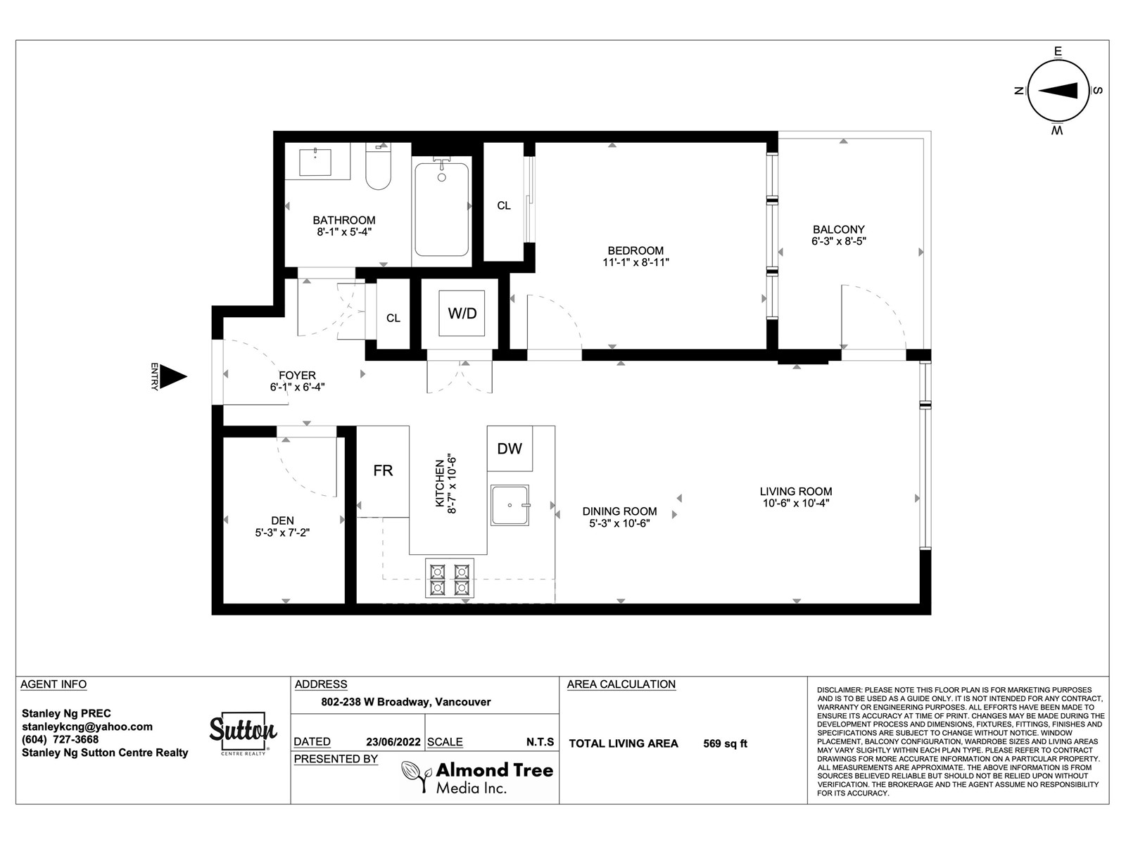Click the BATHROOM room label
pyautogui.click(x=344, y=220)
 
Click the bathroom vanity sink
pyautogui.click(x=315, y=162)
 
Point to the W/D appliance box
pyautogui.click(x=462, y=313)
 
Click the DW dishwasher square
pyautogui.click(x=510, y=449)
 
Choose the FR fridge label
pyautogui.click(x=384, y=471)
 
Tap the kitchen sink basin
pyautogui.click(x=510, y=505)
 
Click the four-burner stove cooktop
pyautogui.click(x=450, y=579)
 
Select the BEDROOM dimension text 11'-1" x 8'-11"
pyautogui.click(x=635, y=262)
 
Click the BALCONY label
pyautogui.click(x=839, y=229)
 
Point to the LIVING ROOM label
pyautogui.click(x=796, y=492)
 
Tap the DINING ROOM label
pyautogui.click(x=620, y=511)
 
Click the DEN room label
pyautogui.click(x=283, y=520)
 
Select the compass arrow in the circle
pyautogui.click(x=1058, y=91)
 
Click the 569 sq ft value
pyautogui.click(x=726, y=743)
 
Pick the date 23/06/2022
pyautogui.click(x=393, y=742)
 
